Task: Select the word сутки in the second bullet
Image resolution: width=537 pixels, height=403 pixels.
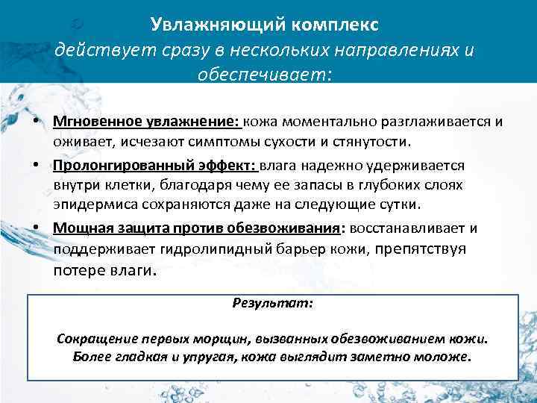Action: click(399, 204)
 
